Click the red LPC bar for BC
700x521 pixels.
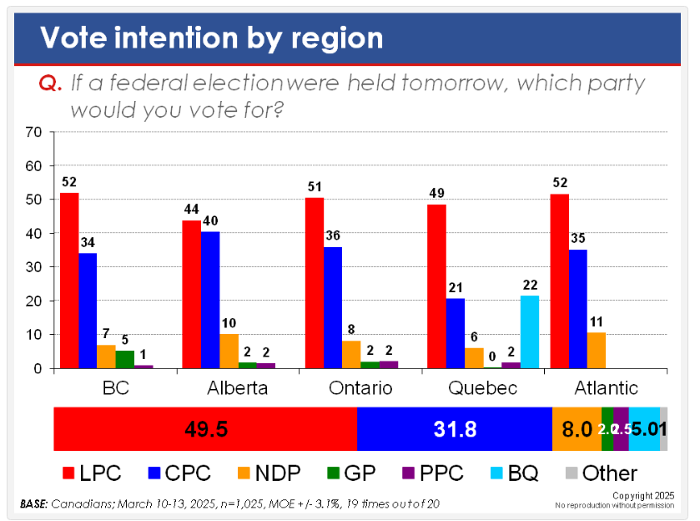coord(69,281)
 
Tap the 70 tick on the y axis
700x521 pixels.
coord(34,132)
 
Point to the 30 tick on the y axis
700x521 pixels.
coord(34,267)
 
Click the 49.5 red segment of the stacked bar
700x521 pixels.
coord(205,429)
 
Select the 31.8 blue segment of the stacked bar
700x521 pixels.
coord(455,429)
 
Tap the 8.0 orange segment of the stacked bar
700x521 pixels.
coord(577,429)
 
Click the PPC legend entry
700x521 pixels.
coord(432,473)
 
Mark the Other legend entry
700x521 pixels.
coord(601,473)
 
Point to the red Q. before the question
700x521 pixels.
coord(52,84)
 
